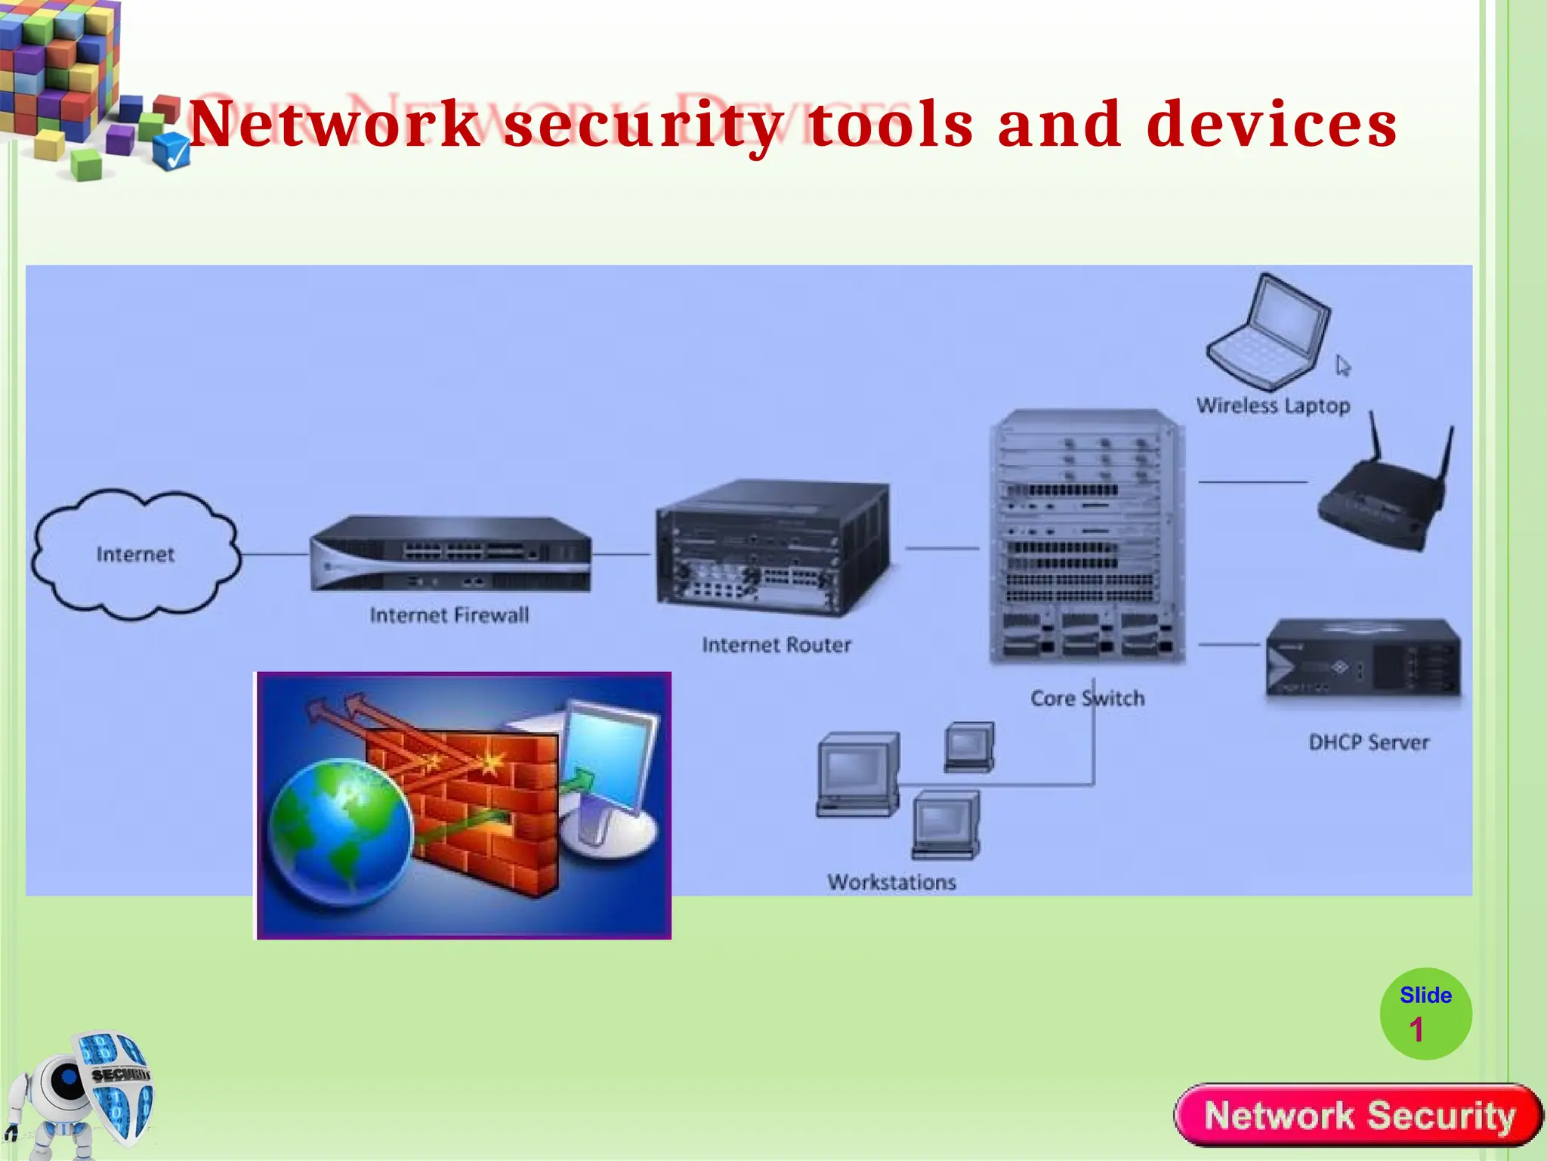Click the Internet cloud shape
click(136, 555)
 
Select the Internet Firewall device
click(451, 553)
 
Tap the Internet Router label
click(776, 645)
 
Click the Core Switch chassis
click(1087, 537)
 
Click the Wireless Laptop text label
click(1273, 406)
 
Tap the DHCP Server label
click(1369, 742)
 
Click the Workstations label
click(891, 882)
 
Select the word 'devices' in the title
click(1272, 125)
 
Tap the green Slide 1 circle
click(1425, 1014)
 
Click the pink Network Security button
click(1358, 1116)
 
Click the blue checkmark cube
click(171, 151)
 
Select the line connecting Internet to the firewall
click(276, 555)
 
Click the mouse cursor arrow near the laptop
click(1342, 366)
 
